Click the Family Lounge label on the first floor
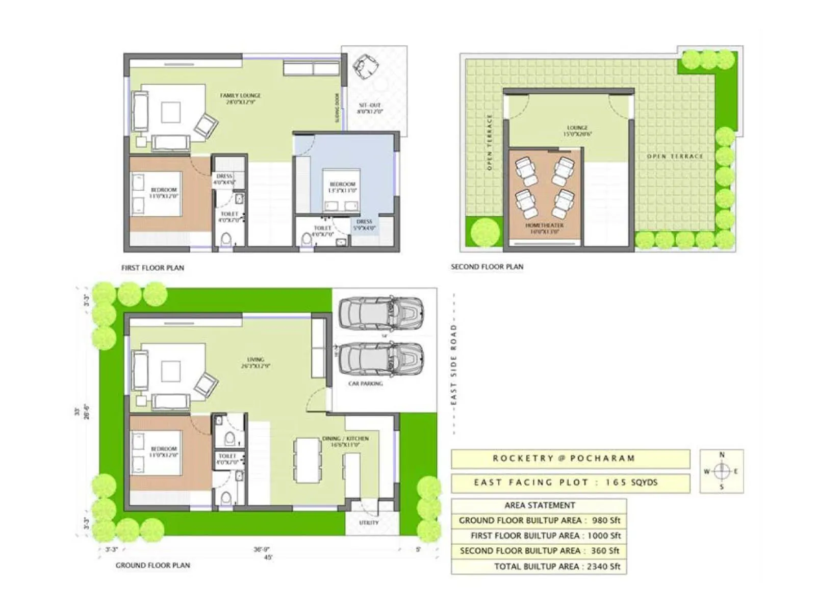click(240, 98)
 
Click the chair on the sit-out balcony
click(365, 66)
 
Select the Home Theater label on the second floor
click(545, 228)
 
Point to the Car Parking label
click(365, 384)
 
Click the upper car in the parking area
click(380, 312)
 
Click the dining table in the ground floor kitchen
click(308, 460)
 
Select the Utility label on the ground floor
click(368, 523)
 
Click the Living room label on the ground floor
click(256, 363)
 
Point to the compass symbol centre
click(722, 471)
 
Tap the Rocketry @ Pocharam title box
click(570, 458)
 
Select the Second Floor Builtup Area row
click(539, 551)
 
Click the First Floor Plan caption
click(152, 268)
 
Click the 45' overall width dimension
click(268, 557)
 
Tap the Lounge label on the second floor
click(577, 131)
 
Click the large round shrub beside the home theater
click(485, 232)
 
